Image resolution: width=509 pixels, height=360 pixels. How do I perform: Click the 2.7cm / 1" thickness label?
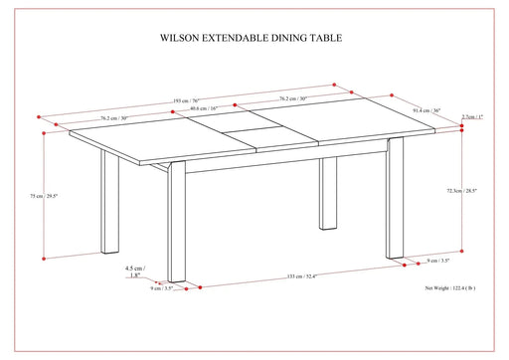[475, 117]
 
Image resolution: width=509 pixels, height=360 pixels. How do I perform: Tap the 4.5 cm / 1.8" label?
[134, 272]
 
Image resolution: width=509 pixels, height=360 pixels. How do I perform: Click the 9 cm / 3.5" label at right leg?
[439, 260]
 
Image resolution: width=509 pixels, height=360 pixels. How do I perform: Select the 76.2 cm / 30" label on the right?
[291, 99]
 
